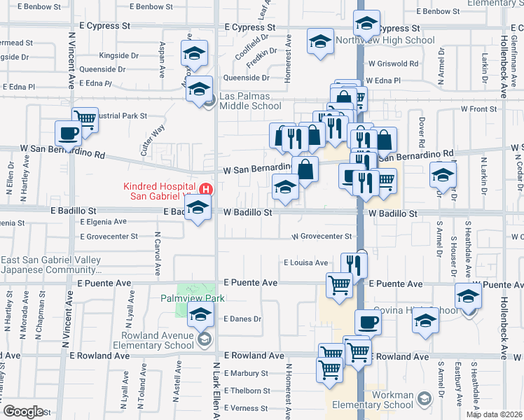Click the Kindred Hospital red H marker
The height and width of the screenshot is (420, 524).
tap(206, 189)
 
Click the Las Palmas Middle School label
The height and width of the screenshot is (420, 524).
tap(250, 101)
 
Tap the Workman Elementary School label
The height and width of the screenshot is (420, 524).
tap(383, 400)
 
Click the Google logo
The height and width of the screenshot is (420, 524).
tap(23, 411)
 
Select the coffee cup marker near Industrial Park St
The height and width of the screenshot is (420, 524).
tap(69, 133)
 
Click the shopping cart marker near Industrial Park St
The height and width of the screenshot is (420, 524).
tap(85, 118)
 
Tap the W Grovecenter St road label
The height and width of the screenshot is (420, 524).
tap(322, 237)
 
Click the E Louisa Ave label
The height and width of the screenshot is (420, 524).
tap(305, 263)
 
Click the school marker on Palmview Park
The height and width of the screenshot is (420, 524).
tap(200, 315)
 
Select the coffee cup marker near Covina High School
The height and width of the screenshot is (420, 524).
tap(368, 323)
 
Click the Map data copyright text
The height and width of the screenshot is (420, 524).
tap(495, 414)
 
